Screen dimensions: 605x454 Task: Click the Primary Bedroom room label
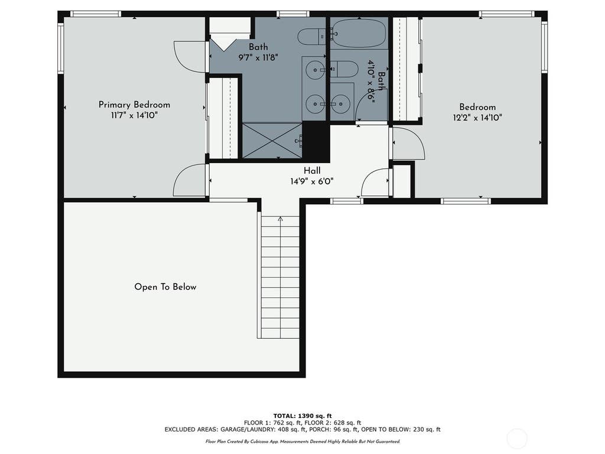tap(134, 105)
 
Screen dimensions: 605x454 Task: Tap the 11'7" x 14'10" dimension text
tap(134, 115)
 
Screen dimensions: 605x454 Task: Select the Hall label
tap(312, 171)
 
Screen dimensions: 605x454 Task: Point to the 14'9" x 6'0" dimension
tap(312, 181)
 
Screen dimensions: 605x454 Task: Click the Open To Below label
tap(165, 287)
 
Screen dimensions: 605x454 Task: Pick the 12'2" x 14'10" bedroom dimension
tap(477, 118)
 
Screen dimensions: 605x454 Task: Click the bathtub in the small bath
tap(359, 34)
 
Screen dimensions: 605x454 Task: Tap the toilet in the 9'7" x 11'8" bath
tap(312, 36)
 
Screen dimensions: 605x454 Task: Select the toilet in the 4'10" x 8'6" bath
tap(344, 69)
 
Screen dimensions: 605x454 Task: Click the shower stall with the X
tap(272, 141)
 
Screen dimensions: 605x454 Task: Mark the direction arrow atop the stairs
tap(281, 219)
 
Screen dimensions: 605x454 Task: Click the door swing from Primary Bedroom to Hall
tap(190, 180)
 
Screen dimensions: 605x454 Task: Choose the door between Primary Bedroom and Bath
tap(190, 57)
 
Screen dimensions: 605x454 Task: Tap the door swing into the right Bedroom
tap(409, 143)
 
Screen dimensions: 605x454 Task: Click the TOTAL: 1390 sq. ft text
tap(302, 416)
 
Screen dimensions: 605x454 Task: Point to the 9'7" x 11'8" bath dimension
tap(258, 57)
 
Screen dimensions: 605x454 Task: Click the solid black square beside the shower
tap(316, 142)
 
